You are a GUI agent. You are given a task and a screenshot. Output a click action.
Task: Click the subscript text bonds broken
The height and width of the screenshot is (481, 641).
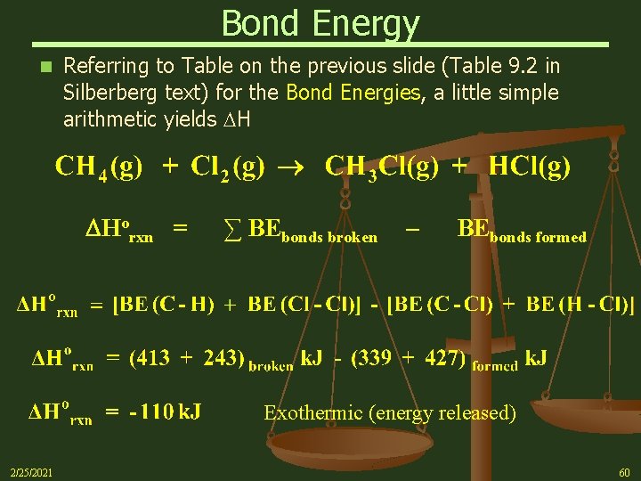click(x=329, y=237)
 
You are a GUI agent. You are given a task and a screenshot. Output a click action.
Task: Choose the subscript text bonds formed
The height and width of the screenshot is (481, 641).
click(x=538, y=237)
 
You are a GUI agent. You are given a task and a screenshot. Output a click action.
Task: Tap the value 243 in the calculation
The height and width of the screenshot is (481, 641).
click(x=220, y=358)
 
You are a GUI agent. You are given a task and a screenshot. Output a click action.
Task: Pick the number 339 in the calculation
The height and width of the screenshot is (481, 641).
click(x=373, y=358)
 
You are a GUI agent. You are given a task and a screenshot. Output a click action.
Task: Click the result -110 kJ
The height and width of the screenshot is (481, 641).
click(x=165, y=412)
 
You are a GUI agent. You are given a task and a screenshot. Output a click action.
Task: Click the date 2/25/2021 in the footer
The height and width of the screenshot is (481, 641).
click(x=30, y=471)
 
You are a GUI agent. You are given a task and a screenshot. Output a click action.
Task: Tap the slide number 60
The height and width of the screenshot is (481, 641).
click(x=623, y=471)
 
